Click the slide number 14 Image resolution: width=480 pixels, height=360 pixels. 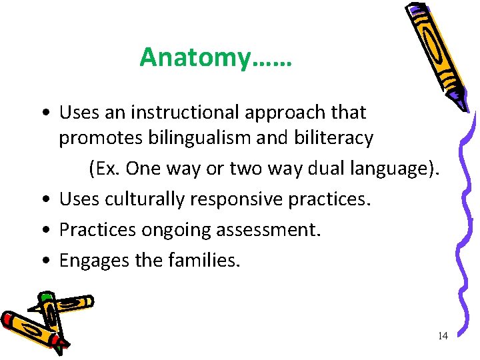click(443, 336)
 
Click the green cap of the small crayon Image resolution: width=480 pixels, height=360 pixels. click(45, 297)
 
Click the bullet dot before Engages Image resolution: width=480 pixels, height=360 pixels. click(43, 261)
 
